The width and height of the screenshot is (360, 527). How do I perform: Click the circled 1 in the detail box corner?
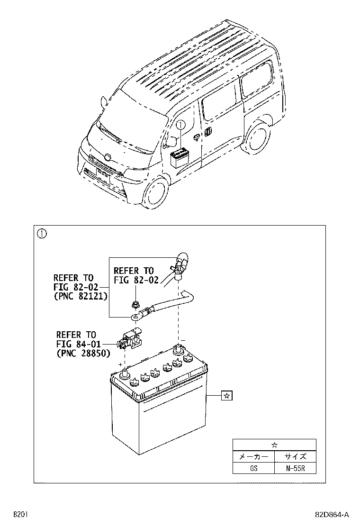(x=42, y=233)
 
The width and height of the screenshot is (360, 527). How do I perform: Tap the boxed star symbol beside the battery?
(x=227, y=395)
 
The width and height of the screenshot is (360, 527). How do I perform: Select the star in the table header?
(x=274, y=445)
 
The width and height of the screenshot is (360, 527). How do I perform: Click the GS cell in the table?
(x=253, y=468)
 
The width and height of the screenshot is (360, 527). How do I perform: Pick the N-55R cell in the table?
(x=295, y=468)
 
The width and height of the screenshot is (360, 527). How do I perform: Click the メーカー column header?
(x=253, y=456)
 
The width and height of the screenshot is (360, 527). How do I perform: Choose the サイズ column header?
(x=295, y=456)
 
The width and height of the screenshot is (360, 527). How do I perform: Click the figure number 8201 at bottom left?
(x=19, y=514)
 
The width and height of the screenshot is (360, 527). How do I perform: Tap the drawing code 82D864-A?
(x=332, y=514)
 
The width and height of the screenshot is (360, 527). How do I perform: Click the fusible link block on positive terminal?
(x=131, y=338)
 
